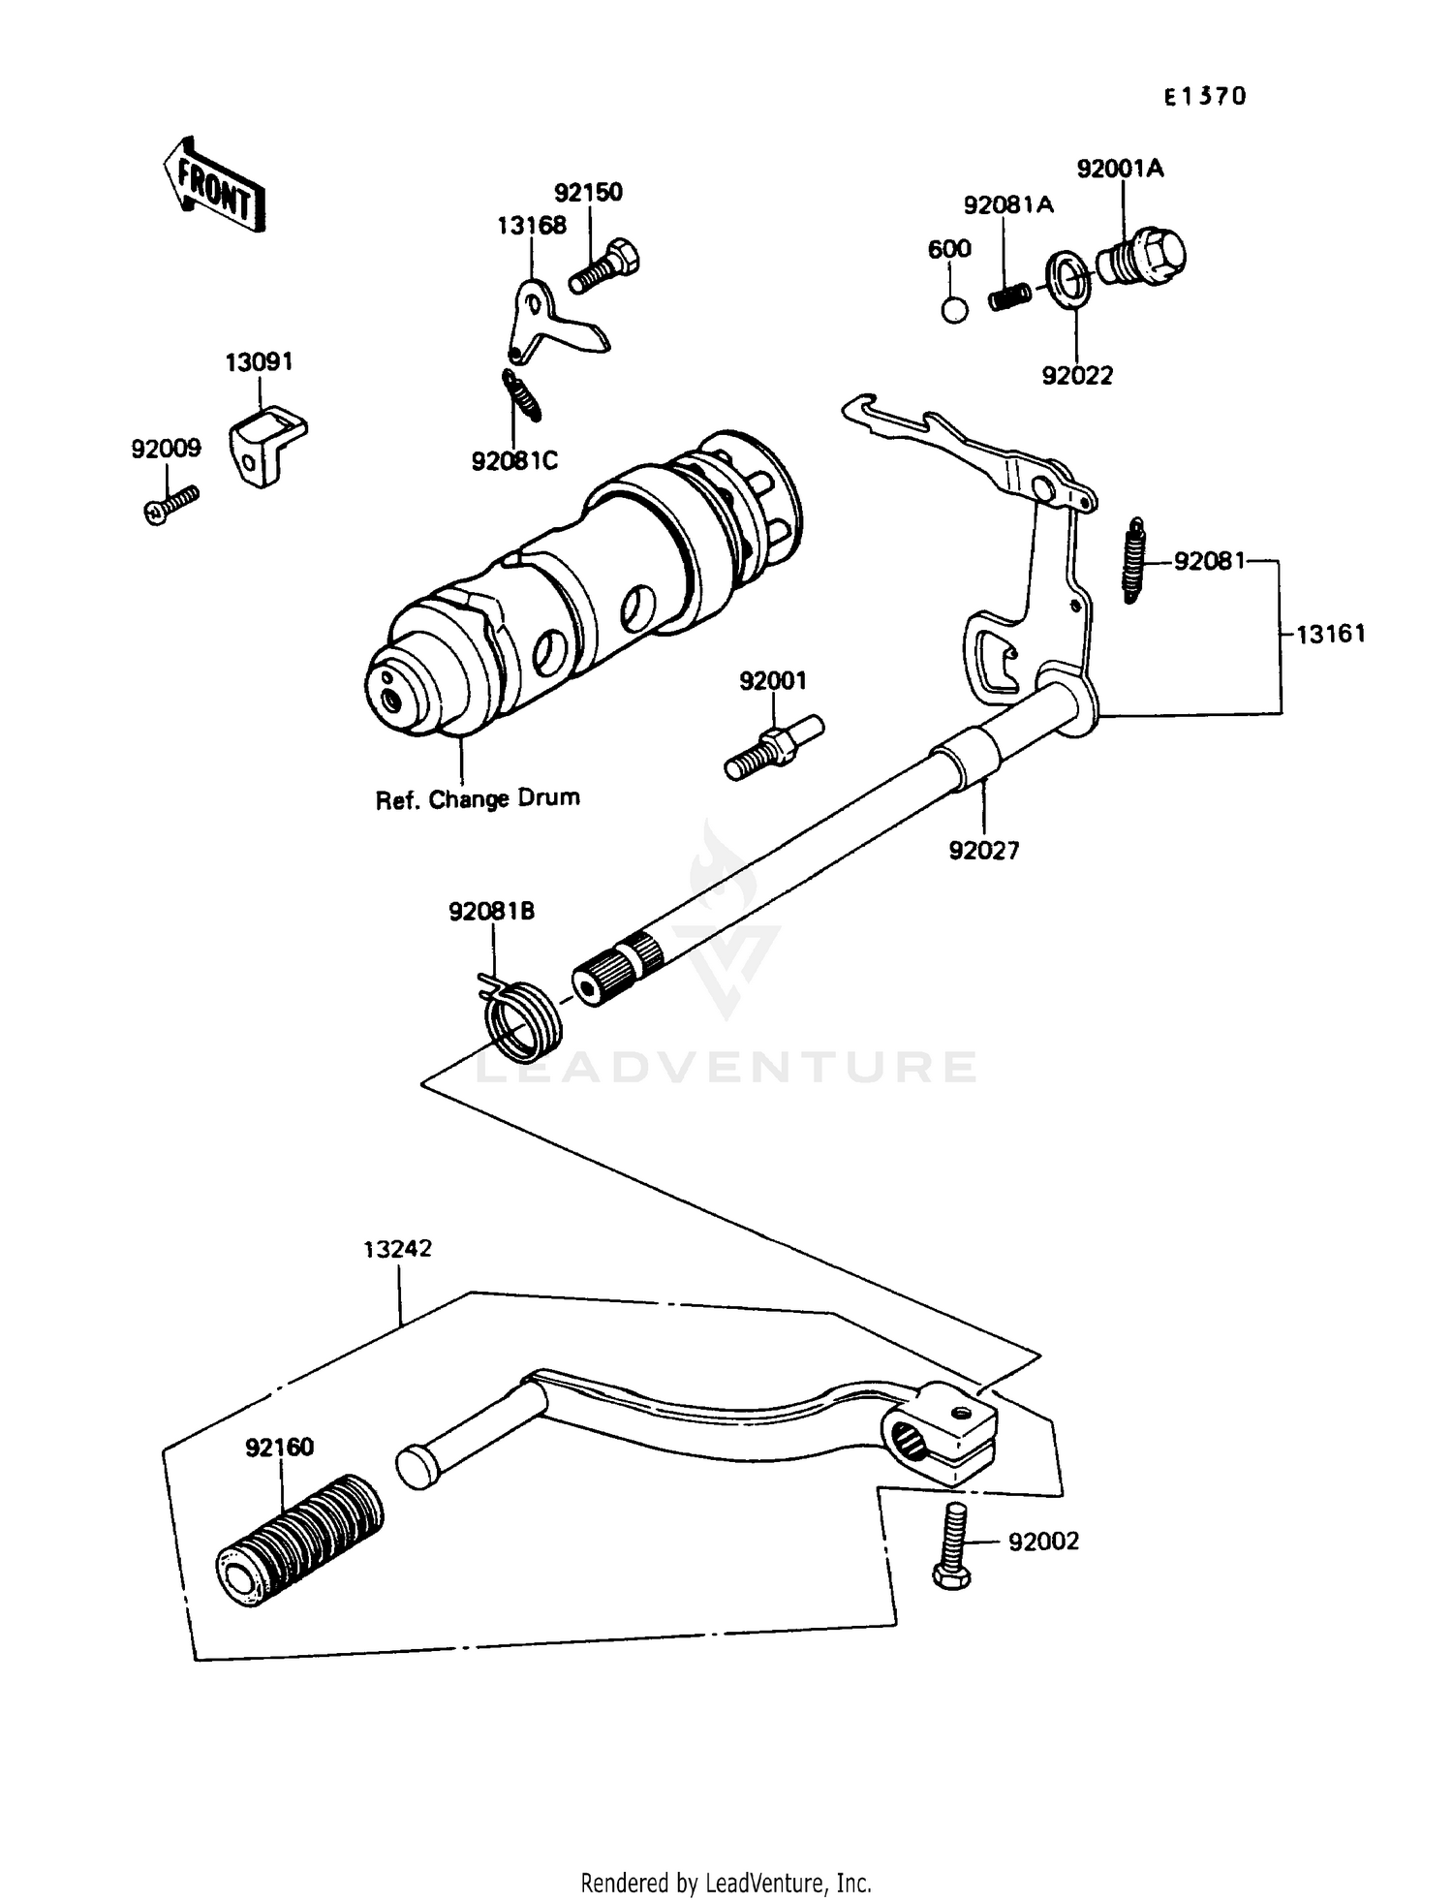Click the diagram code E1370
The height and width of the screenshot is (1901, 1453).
(1205, 96)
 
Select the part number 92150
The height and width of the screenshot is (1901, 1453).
(588, 192)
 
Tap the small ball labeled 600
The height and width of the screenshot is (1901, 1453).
(954, 310)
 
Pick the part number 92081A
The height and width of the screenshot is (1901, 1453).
(1008, 204)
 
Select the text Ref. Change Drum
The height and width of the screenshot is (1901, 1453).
(478, 799)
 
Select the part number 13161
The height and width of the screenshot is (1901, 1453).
(1330, 634)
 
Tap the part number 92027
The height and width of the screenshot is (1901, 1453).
(984, 850)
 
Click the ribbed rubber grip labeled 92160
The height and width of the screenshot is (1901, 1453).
(298, 1543)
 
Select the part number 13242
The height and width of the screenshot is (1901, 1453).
(397, 1249)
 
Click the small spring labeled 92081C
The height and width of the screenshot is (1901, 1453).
(520, 395)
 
